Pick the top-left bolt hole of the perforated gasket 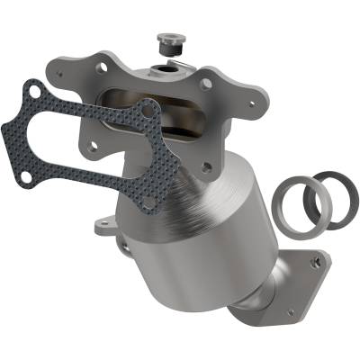point(34,90)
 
